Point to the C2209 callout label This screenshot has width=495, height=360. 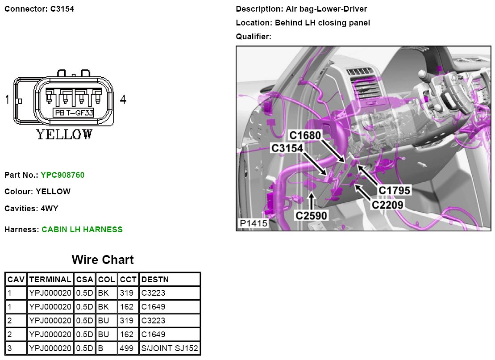point(387,205)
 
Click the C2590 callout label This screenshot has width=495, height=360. point(311,216)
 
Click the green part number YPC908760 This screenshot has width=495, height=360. point(62,175)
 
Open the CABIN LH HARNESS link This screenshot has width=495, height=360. point(82,230)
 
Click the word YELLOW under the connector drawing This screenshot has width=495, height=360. point(64,134)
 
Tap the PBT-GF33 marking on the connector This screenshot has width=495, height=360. point(74,113)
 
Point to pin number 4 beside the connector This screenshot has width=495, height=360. point(123,100)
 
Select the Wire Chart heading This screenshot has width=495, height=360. point(103,260)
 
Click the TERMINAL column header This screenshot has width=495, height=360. point(50,280)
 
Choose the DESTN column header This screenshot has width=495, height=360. point(154,280)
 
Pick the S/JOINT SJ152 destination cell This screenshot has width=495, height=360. point(170,348)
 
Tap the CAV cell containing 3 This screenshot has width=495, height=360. point(10,348)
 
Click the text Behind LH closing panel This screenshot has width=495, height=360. point(322,23)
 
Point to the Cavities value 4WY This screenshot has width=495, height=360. point(50,208)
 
